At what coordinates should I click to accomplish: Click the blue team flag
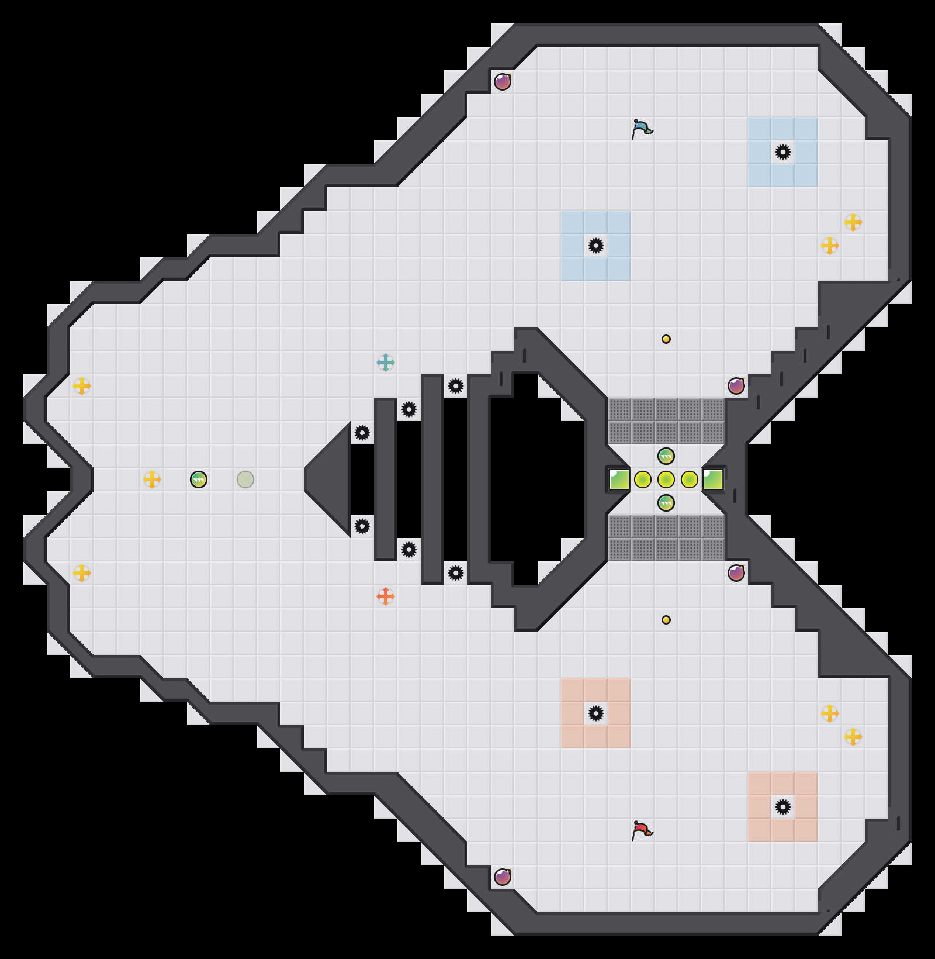pyautogui.click(x=642, y=129)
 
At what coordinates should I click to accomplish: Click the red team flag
pyautogui.click(x=642, y=830)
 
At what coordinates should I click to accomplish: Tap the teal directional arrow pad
pyautogui.click(x=386, y=363)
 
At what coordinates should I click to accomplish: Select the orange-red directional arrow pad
pyautogui.click(x=386, y=596)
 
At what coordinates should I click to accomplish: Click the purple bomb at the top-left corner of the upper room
pyautogui.click(x=503, y=82)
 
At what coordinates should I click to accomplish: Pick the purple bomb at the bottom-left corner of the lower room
pyautogui.click(x=503, y=877)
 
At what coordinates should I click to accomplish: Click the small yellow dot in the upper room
pyautogui.click(x=666, y=339)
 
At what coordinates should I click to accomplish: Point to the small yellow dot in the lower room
pyautogui.click(x=666, y=620)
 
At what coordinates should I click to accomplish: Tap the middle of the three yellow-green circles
pyautogui.click(x=666, y=479)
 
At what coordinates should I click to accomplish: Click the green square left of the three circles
pyautogui.click(x=619, y=479)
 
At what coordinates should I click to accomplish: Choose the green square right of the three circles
pyautogui.click(x=713, y=479)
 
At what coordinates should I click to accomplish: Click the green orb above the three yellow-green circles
pyautogui.click(x=666, y=456)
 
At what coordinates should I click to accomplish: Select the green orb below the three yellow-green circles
pyautogui.click(x=666, y=503)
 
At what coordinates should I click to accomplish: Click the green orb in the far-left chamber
pyautogui.click(x=199, y=479)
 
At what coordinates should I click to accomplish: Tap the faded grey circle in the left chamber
pyautogui.click(x=245, y=479)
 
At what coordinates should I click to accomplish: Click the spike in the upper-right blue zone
pyautogui.click(x=783, y=152)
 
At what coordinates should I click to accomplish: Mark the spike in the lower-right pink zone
pyautogui.click(x=783, y=807)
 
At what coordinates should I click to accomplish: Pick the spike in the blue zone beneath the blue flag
pyautogui.click(x=596, y=246)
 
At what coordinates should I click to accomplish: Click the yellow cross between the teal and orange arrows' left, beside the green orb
pyautogui.click(x=152, y=479)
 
